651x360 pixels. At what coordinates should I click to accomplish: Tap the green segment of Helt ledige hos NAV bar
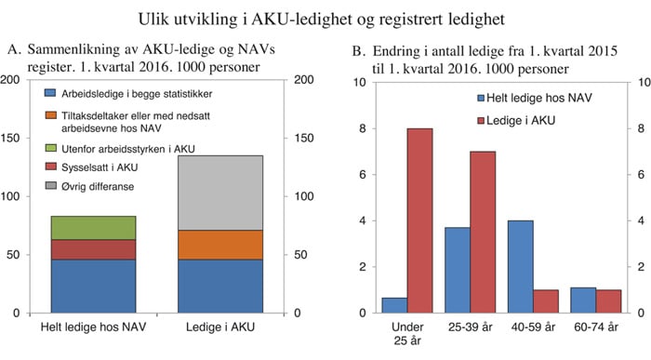[93, 228]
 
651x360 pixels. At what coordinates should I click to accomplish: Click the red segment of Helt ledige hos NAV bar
[93, 249]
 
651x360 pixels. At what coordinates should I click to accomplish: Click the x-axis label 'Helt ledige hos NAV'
[93, 328]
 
